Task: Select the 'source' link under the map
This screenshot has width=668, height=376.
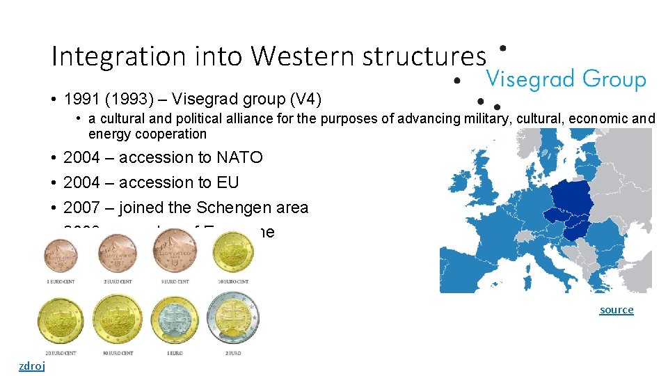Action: [617, 309]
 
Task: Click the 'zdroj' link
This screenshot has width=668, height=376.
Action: [31, 366]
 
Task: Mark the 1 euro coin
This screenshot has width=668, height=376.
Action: [175, 320]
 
